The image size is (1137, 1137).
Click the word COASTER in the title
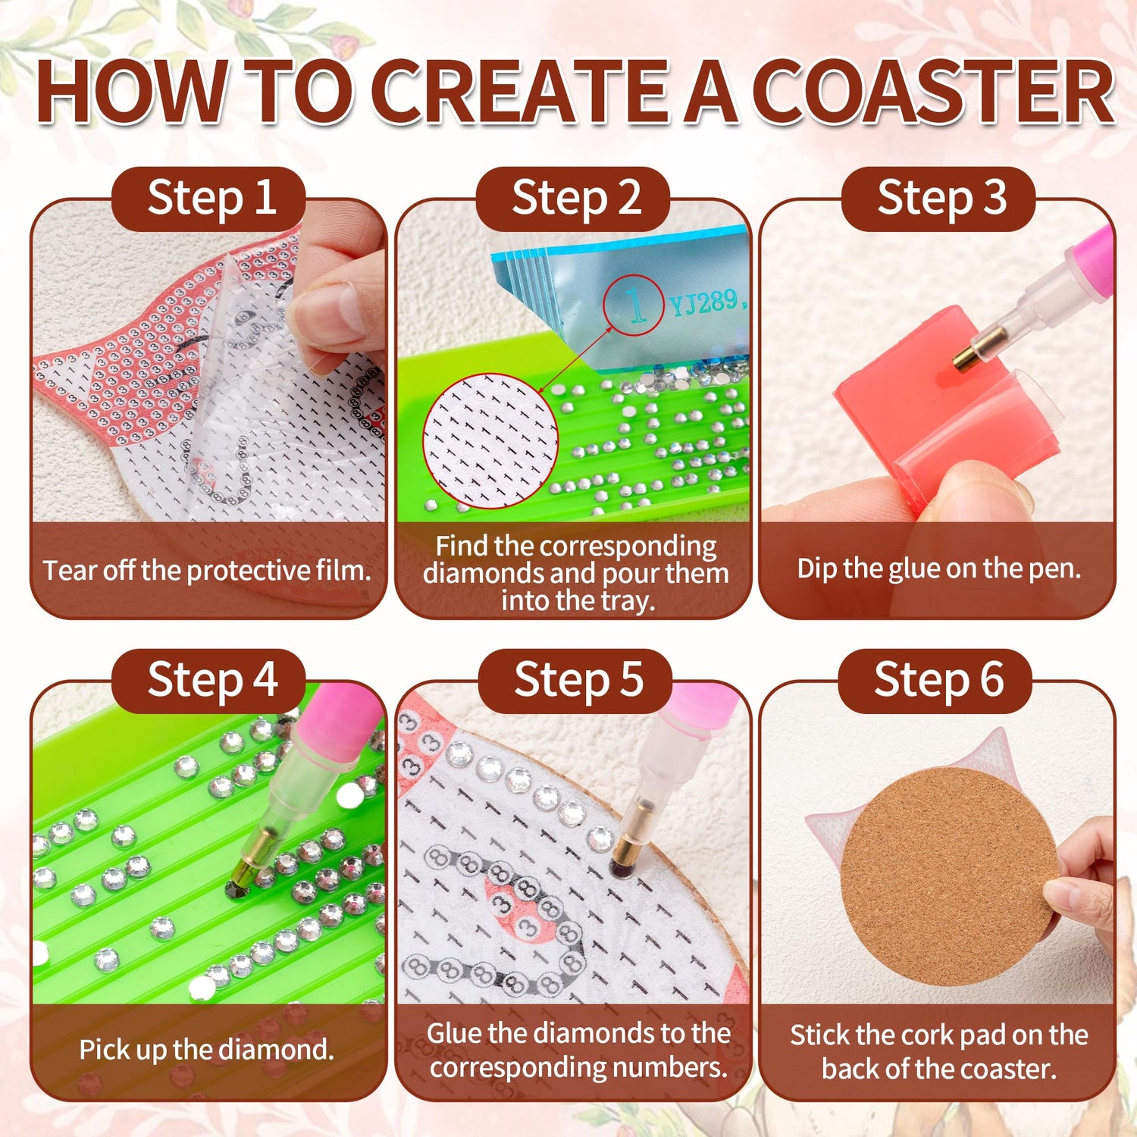(x=937, y=92)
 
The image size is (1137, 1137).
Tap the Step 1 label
(x=211, y=198)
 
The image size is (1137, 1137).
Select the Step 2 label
(x=576, y=198)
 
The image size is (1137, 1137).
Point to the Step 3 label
(x=941, y=198)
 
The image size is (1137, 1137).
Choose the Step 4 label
(x=212, y=679)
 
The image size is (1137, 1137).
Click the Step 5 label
(x=578, y=679)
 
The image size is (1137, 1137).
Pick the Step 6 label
(x=938, y=679)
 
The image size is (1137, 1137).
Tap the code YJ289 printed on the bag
(x=703, y=303)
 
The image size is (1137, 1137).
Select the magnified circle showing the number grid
(x=491, y=440)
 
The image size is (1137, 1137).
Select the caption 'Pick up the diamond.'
(x=206, y=1050)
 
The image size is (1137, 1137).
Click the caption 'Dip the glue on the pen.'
(x=938, y=568)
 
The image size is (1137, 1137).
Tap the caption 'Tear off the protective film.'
(x=207, y=571)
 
